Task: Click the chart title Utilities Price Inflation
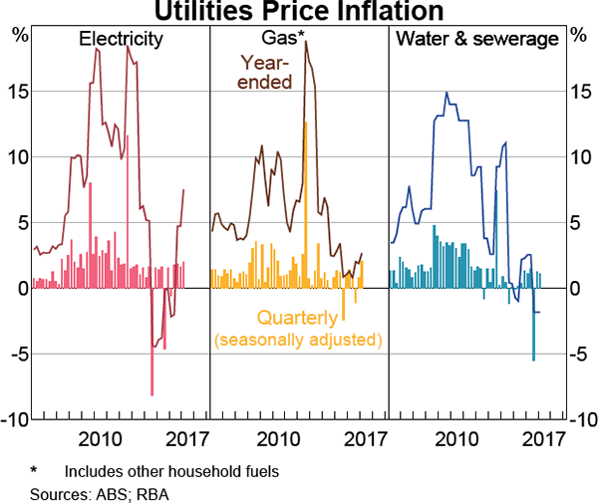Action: coord(298,12)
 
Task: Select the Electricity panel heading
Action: coord(121,40)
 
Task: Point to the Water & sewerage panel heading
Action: coord(477,40)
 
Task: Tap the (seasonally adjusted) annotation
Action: coord(298,340)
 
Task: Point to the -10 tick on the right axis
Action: coord(578,419)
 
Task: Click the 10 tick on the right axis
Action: coord(578,157)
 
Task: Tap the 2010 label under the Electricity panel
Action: coord(100,439)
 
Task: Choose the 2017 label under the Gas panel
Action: coord(365,439)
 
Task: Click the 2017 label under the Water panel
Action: coord(544,439)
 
